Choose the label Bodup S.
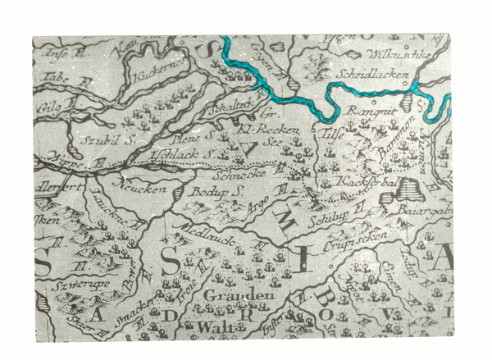(x=207, y=189)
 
